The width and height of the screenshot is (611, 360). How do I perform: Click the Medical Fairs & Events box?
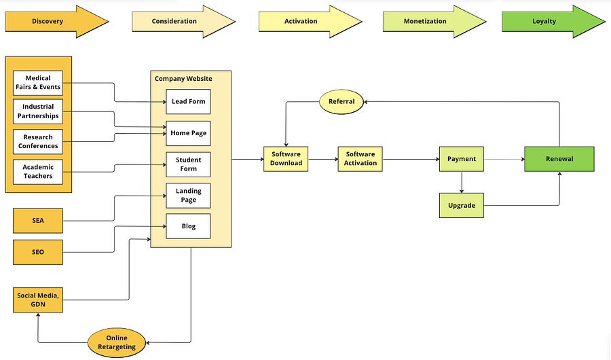38,83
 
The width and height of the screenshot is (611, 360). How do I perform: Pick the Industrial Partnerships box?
38,111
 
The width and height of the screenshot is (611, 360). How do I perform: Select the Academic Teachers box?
38,172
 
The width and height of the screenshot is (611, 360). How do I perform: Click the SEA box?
38,221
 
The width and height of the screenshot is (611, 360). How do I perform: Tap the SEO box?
38,253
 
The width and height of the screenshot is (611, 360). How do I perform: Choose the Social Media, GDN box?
38,300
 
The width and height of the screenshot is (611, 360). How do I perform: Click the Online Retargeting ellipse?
117,342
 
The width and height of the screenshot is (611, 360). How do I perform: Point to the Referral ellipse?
341,102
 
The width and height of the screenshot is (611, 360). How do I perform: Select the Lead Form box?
188,101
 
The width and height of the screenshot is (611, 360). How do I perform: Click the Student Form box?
188,164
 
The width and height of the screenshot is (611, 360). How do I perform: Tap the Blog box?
188,226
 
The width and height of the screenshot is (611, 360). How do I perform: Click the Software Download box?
286,159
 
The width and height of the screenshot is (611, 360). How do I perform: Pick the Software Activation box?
360,159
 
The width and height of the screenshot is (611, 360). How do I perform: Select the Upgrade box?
462,206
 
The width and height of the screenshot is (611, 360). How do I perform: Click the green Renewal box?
559,159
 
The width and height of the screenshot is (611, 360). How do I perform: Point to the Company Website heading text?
183,79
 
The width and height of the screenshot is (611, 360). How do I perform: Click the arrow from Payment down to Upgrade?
462,182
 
